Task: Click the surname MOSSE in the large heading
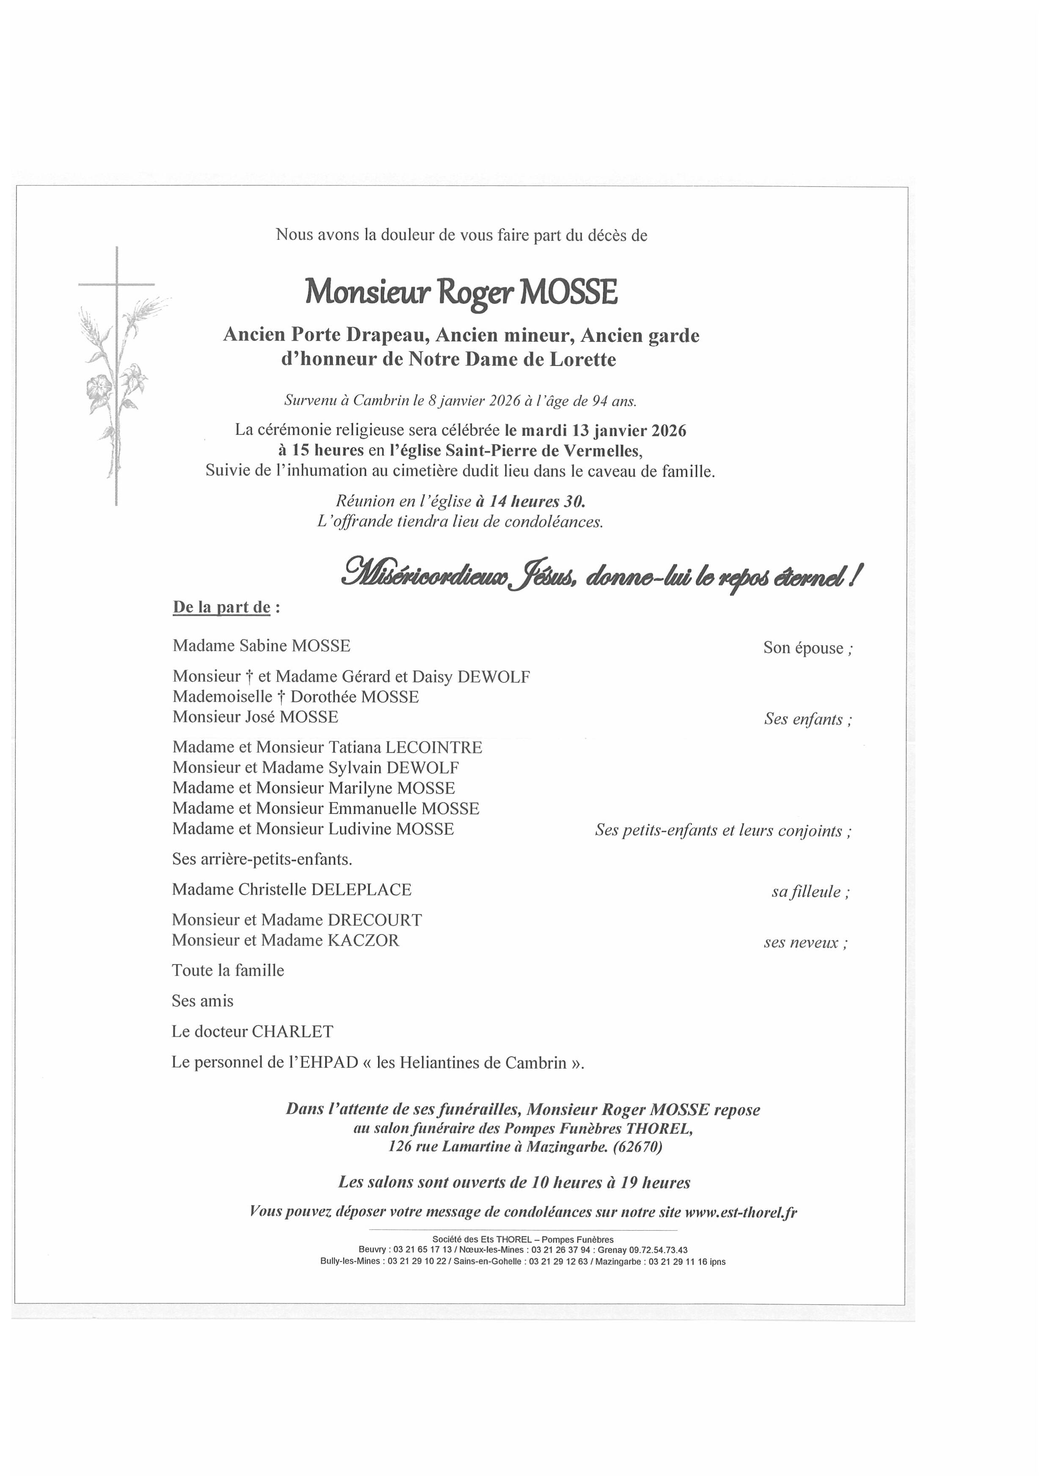pos(569,293)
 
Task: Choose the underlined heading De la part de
pos(221,607)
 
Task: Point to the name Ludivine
pos(360,829)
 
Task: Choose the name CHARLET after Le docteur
pos(292,1031)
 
